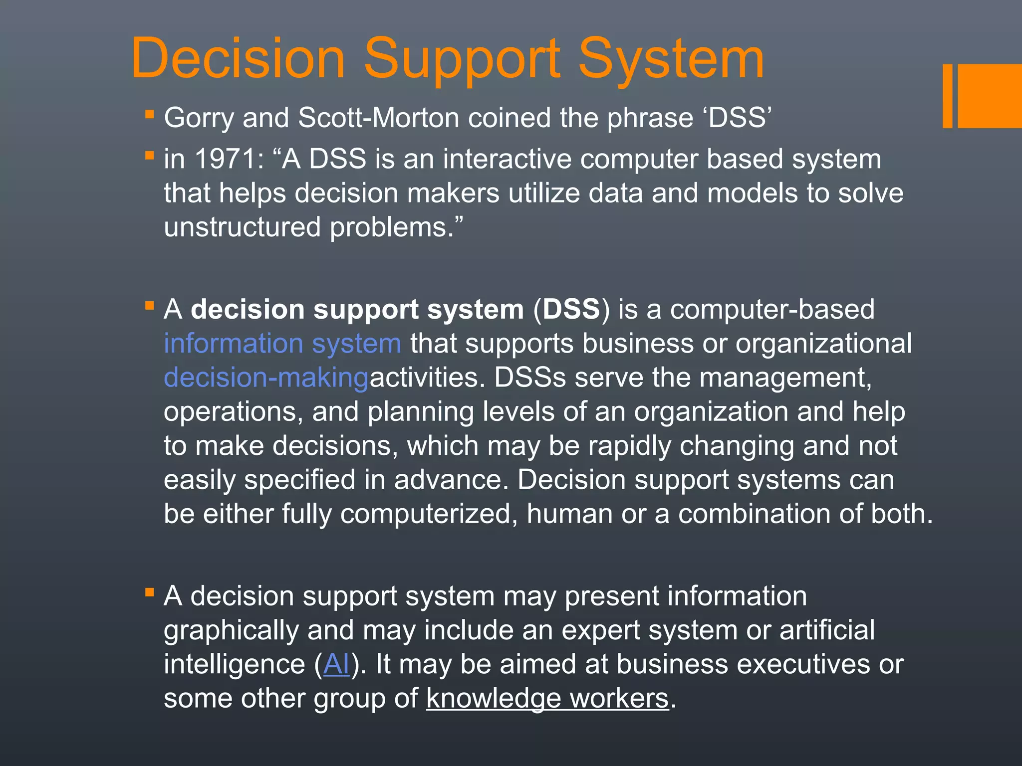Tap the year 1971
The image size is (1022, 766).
[225, 160]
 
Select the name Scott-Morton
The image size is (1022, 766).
[378, 118]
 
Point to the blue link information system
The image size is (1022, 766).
[282, 344]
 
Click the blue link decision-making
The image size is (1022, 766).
[266, 378]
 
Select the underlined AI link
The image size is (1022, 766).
[336, 664]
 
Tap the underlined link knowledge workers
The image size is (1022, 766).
[547, 698]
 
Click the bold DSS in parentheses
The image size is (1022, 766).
[571, 309]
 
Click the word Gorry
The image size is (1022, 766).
[199, 118]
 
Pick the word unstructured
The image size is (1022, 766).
[242, 227]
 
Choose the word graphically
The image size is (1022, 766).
[231, 630]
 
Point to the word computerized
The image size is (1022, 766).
[429, 514]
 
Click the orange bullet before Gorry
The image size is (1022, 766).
[149, 114]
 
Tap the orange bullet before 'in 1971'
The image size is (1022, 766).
[149, 156]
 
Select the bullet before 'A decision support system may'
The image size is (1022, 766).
[149, 592]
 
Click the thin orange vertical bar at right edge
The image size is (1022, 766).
[947, 96]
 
